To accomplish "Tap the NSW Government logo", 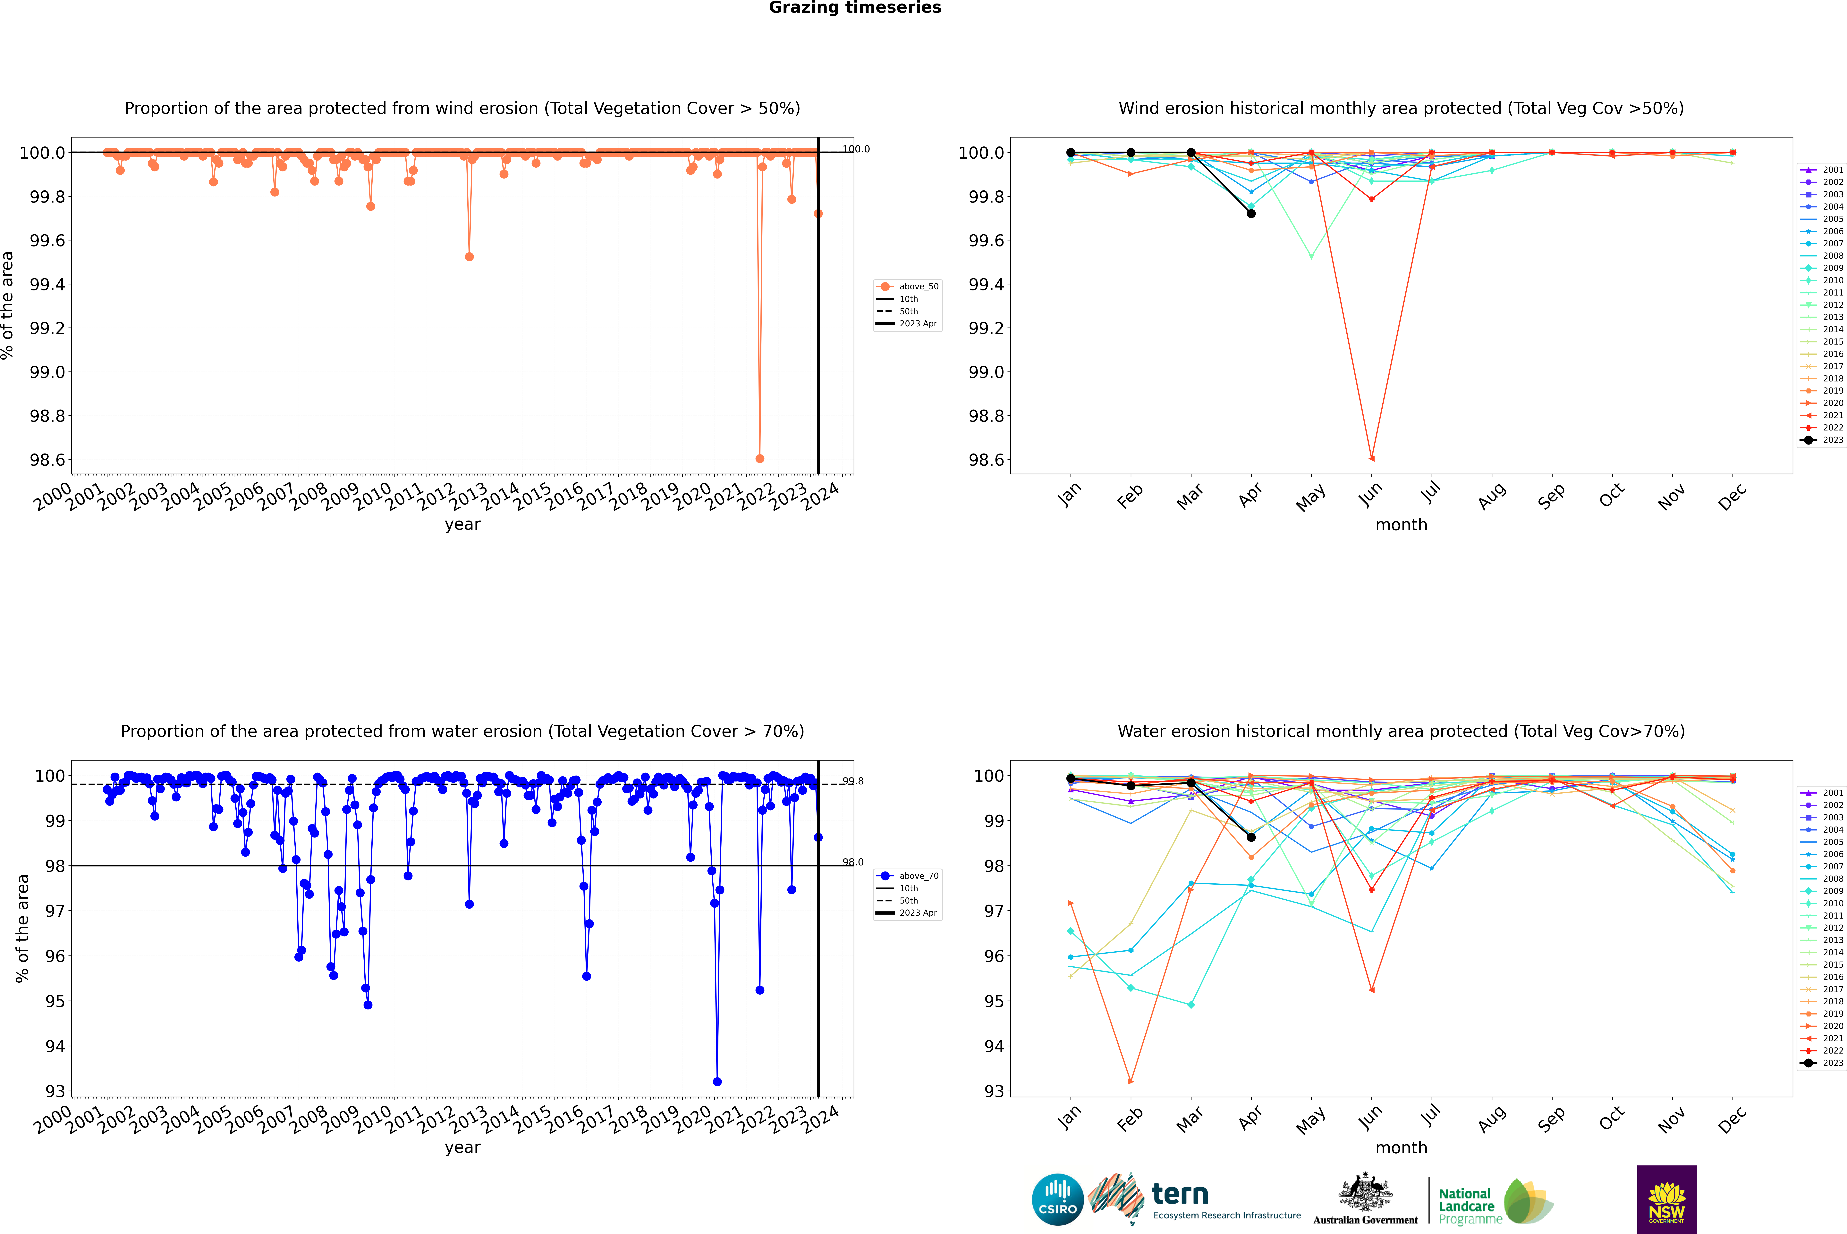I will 1667,1199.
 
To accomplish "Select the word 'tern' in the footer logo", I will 1179,1194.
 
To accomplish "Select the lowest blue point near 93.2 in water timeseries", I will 716,1081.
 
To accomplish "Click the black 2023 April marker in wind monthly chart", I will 1251,213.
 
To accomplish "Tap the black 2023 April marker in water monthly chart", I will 1251,837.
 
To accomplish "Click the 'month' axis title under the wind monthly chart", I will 1401,525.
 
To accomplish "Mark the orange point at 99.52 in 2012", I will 469,257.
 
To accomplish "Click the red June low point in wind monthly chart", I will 1371,458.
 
